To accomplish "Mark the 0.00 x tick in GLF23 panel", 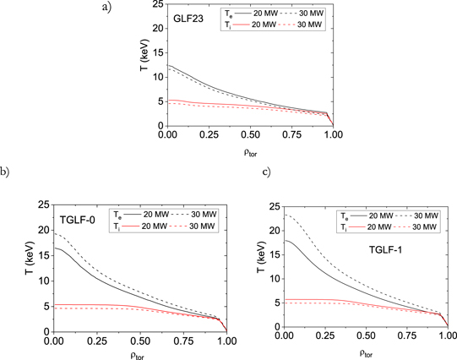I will [x=168, y=135].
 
